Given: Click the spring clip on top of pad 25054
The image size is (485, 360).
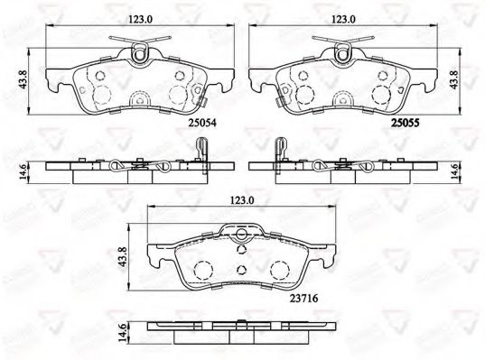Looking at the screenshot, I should click(138, 51).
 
